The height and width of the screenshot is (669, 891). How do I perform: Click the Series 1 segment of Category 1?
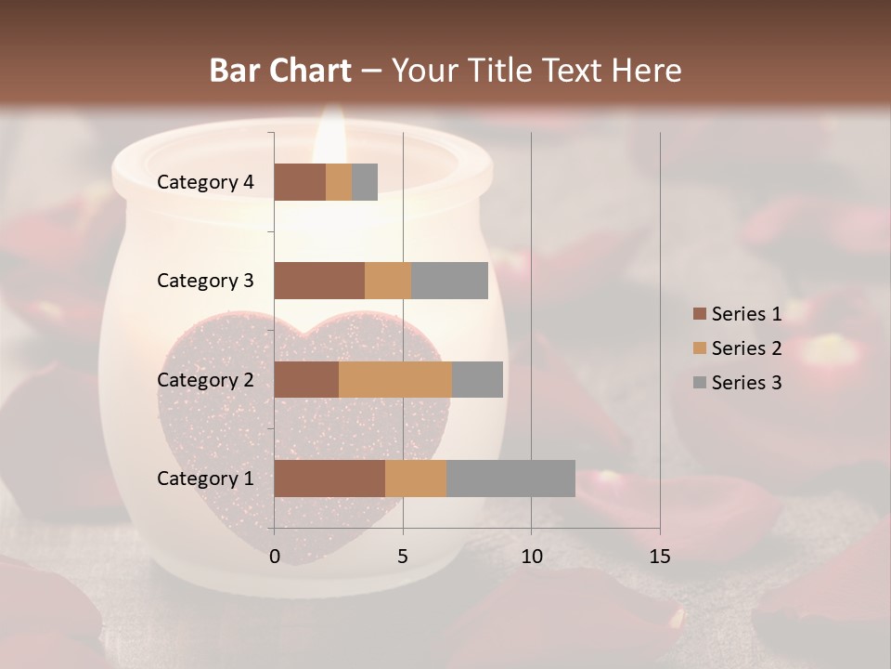(329, 479)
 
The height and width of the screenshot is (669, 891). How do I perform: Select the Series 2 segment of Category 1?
(416, 479)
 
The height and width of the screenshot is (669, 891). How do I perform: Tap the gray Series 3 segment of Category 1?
(510, 479)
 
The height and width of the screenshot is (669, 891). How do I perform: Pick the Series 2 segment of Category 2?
(395, 379)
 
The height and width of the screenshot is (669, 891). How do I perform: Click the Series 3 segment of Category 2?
(477, 379)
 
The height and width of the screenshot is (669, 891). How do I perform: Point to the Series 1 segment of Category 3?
(319, 281)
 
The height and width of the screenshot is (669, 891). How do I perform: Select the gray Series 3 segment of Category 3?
(449, 281)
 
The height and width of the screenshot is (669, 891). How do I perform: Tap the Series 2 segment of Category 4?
(339, 182)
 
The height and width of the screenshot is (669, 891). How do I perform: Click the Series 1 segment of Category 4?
(300, 182)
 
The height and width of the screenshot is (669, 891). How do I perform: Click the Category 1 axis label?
(205, 479)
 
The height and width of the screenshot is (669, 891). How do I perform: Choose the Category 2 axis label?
(205, 379)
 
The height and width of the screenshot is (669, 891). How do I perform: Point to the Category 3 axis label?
(205, 281)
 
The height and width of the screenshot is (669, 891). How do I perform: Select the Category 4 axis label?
(205, 182)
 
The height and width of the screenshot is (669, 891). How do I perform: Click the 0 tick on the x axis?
(275, 557)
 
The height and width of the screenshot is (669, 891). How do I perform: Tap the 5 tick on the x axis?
(403, 557)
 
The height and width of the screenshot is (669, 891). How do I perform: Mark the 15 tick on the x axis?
(659, 557)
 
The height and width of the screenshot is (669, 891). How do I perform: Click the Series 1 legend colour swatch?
(699, 314)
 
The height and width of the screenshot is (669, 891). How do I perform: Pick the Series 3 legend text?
(746, 383)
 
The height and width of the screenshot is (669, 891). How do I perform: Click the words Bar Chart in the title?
(280, 70)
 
